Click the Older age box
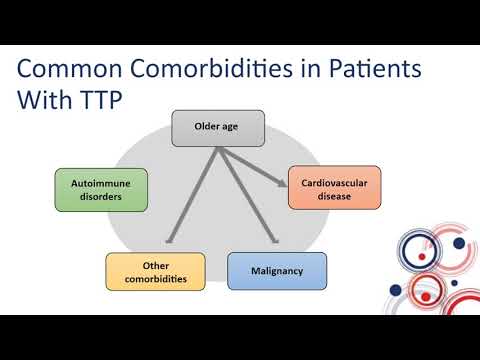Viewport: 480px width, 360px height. tap(217, 127)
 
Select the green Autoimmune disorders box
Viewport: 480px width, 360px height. tap(101, 190)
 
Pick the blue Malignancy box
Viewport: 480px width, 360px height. tap(277, 271)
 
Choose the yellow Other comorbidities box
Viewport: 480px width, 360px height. tap(155, 271)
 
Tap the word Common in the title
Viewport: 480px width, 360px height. tap(64, 70)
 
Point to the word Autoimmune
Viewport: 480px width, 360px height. tap(101, 183)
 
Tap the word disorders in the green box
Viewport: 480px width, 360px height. tap(101, 197)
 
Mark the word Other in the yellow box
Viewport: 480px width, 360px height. tap(155, 265)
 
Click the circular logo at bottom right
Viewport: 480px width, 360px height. tap(431, 264)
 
